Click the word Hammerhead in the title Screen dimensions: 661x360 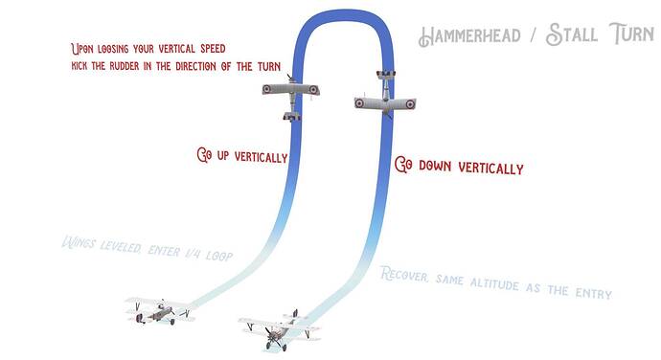[469, 35]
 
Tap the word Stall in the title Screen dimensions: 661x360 [572, 34]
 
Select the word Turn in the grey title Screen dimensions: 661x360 [631, 34]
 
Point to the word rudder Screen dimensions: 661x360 [124, 66]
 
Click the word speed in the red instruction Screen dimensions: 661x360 [213, 49]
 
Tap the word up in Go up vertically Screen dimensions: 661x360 [223, 156]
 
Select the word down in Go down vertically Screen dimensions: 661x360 [436, 166]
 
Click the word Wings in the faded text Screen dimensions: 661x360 [79, 243]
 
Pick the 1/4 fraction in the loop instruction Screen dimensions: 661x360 [194, 254]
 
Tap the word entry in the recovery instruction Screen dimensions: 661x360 [594, 293]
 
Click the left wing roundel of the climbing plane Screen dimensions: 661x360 [267, 89]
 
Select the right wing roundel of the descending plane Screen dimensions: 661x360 [410, 103]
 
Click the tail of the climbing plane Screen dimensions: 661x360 [292, 116]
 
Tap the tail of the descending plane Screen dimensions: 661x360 [386, 75]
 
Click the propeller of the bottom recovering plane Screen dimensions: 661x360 [271, 336]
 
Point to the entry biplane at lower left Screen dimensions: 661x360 [161, 310]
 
